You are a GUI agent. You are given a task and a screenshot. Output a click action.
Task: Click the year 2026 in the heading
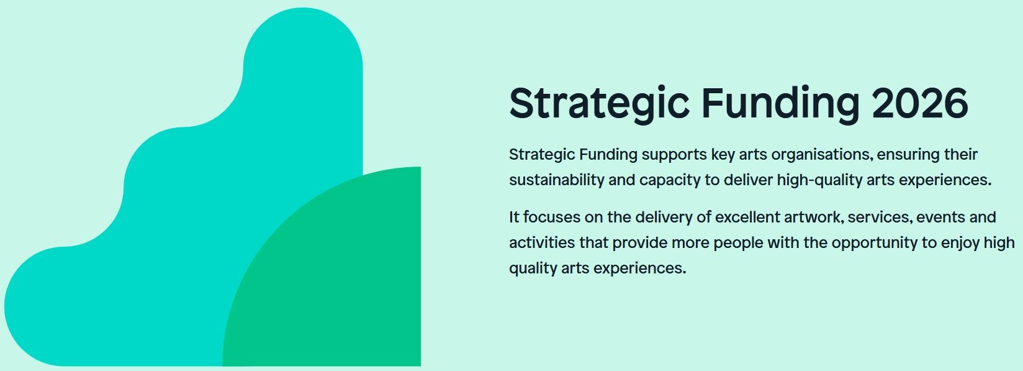[x=920, y=103]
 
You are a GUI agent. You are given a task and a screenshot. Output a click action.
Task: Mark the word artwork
[x=813, y=218]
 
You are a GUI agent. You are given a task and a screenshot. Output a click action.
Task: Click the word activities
[x=542, y=242]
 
